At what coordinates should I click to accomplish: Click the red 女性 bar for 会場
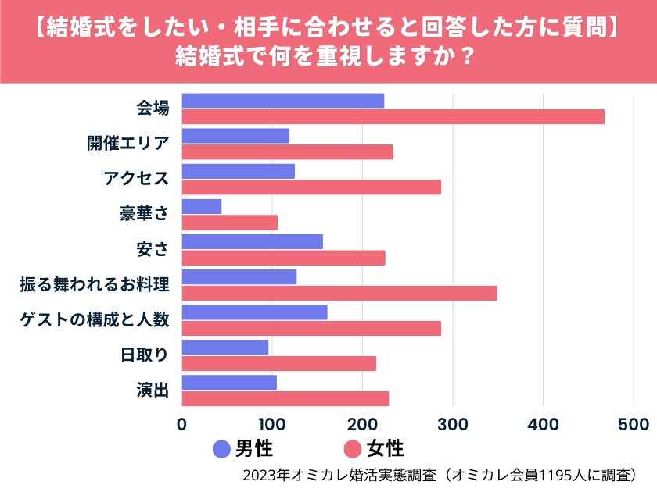pos(393,117)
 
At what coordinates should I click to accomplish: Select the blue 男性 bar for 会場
pos(282,101)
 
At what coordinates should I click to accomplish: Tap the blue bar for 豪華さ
pos(202,206)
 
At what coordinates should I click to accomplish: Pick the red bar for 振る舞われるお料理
pos(339,293)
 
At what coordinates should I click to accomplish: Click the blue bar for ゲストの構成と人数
pos(254,312)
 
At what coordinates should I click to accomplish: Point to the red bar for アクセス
pos(311,187)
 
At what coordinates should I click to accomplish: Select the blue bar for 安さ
pos(252,241)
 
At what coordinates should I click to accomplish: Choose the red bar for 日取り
pos(278,363)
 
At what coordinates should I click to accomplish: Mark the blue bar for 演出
pos(229,383)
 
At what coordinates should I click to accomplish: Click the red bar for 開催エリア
pos(287,152)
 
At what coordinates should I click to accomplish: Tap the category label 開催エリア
pos(127,144)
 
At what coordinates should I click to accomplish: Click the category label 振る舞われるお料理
pos(95,284)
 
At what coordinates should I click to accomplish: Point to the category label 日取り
pos(145,355)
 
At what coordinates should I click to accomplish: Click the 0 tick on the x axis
pos(182,424)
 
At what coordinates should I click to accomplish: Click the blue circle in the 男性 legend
pos(222,449)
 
